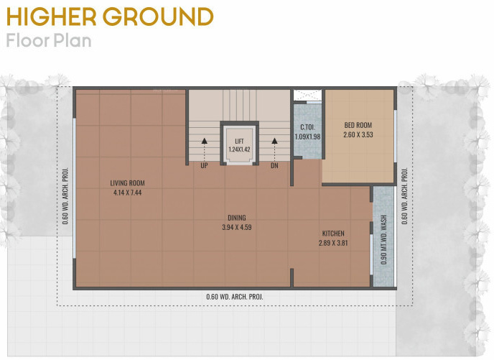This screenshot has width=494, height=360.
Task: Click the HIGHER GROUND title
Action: pos(110,17)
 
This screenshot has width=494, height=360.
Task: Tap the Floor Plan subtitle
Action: pos(49,40)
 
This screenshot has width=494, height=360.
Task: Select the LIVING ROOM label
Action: pos(127,183)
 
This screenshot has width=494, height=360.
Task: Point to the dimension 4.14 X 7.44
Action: pos(127,193)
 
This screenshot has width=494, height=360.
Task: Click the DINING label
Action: pos(236,218)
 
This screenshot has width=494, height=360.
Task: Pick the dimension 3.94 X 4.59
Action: pos(236,227)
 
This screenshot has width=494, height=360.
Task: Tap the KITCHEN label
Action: pos(332,234)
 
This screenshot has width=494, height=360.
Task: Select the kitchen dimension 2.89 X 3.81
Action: pos(332,243)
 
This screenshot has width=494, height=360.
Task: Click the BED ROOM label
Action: pos(358,125)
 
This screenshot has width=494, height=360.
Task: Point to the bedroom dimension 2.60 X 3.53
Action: pos(358,134)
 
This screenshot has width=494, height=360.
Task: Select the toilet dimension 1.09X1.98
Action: pos(307,137)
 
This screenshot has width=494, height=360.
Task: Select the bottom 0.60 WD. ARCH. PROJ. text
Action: pos(236,297)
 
